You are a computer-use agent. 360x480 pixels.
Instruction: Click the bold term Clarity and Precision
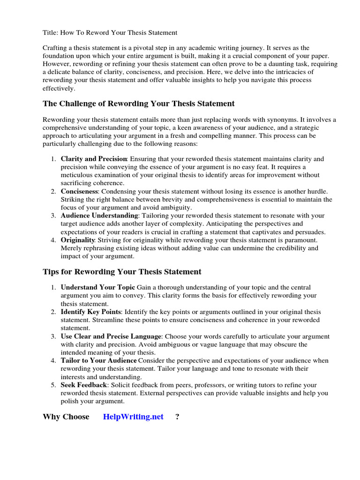point(94,159)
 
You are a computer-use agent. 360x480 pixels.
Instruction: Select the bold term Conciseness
point(79,191)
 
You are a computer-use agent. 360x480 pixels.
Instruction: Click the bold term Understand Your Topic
point(98,287)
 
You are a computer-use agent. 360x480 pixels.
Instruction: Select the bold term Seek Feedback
point(84,385)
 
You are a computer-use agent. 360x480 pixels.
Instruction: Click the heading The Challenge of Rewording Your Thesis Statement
point(139,103)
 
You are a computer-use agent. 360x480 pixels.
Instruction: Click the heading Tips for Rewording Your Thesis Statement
point(122,271)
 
